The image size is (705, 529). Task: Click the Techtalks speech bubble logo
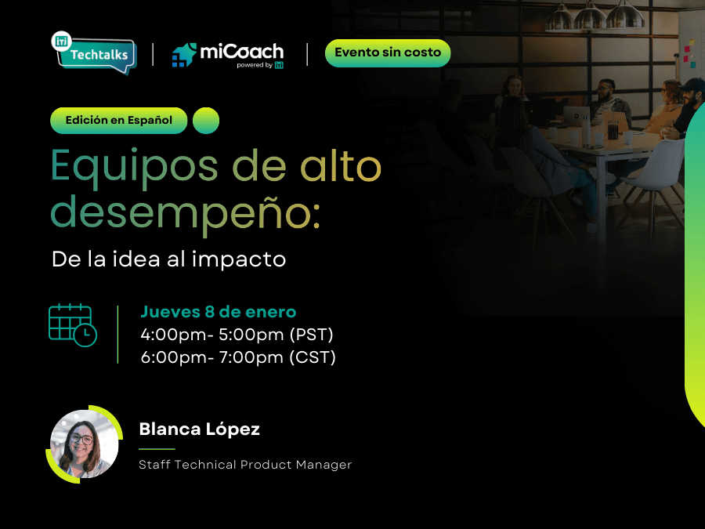coord(95,53)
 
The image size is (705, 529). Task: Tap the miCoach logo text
coord(241,52)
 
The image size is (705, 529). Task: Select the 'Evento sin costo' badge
coord(388,53)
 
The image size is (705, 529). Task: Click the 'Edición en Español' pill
coord(119,121)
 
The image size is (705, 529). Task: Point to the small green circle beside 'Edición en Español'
coord(206,121)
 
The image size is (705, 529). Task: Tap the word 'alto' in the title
coord(341,165)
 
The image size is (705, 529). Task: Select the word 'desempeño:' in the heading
coord(185,213)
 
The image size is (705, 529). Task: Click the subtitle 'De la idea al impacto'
coord(169,259)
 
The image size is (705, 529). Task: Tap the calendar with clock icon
coord(72,325)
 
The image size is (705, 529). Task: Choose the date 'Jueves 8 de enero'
coord(219,312)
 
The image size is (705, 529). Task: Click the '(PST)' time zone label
coord(312,335)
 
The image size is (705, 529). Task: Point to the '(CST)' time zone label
coord(313,357)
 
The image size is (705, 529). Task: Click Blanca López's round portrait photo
coord(84,444)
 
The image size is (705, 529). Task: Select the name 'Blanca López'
coord(200,429)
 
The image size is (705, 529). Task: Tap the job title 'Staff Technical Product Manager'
coord(245,465)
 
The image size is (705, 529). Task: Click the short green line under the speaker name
coord(157,449)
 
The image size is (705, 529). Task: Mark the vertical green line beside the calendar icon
coord(117,335)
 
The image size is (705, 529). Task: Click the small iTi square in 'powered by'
coord(279,65)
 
